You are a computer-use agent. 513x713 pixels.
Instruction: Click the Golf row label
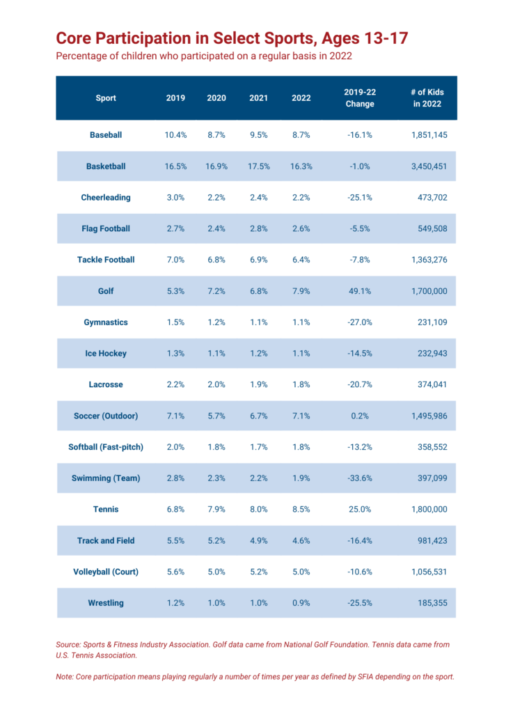click(106, 291)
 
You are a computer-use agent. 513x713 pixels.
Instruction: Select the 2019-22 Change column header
click(359, 98)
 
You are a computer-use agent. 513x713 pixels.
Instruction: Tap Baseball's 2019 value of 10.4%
click(175, 135)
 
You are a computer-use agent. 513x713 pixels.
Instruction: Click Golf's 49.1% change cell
click(359, 291)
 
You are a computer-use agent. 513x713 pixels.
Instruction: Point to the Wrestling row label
click(106, 603)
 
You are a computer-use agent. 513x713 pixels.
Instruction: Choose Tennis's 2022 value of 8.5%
click(301, 509)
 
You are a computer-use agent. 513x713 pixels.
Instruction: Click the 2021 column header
click(258, 98)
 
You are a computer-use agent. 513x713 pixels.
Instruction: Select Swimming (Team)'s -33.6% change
click(359, 478)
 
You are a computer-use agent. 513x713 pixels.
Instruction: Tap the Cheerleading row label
click(106, 198)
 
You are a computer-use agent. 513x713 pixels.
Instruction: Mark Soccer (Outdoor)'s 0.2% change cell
click(359, 416)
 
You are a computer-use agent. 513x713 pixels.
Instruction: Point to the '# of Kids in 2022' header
click(427, 98)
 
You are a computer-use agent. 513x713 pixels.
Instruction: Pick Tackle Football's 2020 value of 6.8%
click(216, 260)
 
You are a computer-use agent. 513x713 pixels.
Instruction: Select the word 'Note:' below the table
click(67, 677)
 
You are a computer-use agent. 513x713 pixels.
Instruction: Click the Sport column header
click(106, 98)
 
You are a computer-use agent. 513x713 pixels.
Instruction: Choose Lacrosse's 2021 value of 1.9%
click(258, 384)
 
